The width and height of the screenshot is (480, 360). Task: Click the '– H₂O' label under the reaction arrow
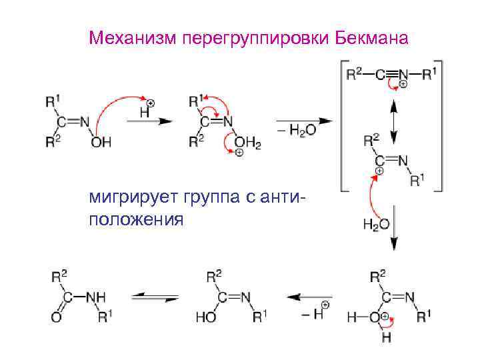298,131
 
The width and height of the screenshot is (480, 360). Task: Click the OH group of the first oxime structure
101,142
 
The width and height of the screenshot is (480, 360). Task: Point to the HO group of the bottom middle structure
205,317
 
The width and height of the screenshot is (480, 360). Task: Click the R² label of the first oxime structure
51,141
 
